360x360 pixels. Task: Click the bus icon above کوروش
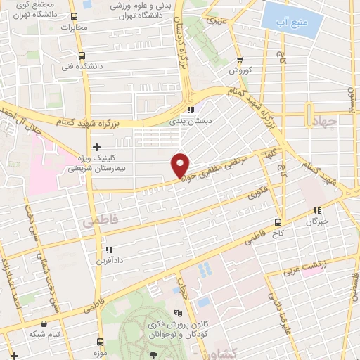240,60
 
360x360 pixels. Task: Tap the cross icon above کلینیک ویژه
96,146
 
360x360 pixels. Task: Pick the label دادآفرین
108,261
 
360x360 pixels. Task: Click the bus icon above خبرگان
317,210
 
